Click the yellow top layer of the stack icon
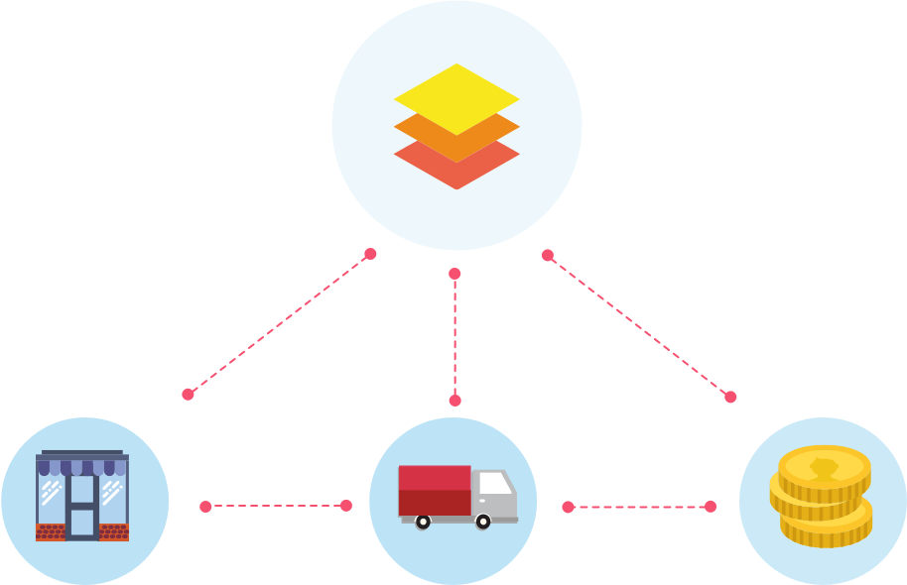(456, 98)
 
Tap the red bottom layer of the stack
(456, 169)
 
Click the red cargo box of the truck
(435, 490)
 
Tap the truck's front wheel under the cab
(483, 522)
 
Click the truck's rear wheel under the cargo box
(423, 522)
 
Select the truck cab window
(495, 484)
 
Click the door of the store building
(81, 506)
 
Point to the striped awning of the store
(82, 466)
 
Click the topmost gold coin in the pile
(824, 467)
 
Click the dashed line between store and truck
(276, 506)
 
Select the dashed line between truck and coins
(639, 507)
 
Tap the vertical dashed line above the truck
(455, 337)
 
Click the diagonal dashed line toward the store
(279, 323)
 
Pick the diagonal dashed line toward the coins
(638, 325)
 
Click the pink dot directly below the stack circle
(454, 274)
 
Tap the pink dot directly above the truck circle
(455, 401)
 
